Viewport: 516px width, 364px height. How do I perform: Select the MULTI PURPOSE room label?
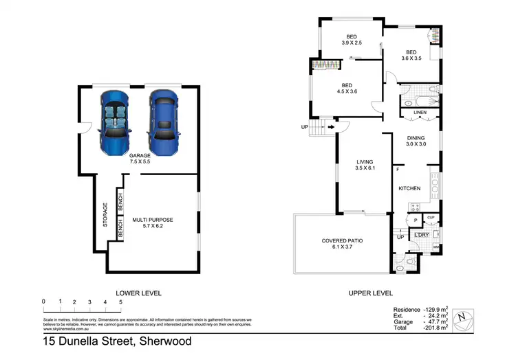coord(153,223)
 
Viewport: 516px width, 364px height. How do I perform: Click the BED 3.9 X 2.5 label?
coord(351,39)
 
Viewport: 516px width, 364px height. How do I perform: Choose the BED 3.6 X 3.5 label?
coord(411,55)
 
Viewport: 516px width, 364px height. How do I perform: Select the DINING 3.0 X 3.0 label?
coord(416,140)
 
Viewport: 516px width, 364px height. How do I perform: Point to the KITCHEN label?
coord(410,187)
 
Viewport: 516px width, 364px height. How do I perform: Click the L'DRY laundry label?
coord(421,236)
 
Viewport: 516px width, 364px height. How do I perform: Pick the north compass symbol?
coord(466,317)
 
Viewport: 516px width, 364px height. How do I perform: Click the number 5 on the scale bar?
coord(120,302)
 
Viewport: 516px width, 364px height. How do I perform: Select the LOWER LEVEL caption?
coord(138,293)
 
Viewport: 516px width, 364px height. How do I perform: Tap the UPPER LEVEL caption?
coord(370,293)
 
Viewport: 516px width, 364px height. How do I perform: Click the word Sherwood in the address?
coord(164,341)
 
